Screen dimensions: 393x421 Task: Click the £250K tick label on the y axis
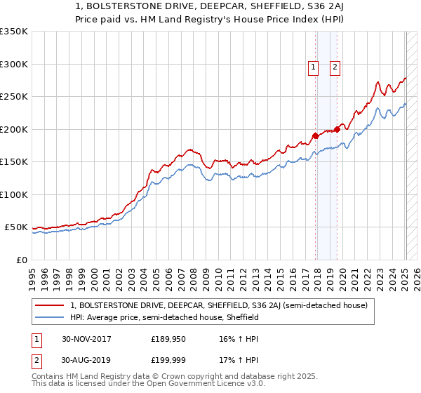14,97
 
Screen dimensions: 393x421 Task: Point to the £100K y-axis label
14,194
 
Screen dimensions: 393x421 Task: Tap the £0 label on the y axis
20,260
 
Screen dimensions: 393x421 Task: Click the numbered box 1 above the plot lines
312,67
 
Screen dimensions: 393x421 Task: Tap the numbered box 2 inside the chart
335,67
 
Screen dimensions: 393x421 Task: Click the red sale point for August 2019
338,129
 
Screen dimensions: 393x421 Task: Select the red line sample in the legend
51,305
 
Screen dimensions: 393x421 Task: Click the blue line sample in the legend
51,317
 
